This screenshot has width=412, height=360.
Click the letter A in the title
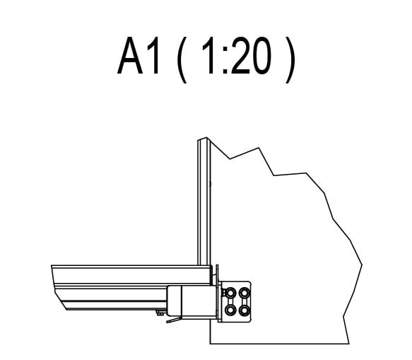[x=131, y=56]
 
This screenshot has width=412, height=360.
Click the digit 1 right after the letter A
[x=154, y=56]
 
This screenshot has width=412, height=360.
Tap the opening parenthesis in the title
[x=182, y=59]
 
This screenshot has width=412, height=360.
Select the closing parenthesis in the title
[x=290, y=59]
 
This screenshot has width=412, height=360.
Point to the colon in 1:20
[x=225, y=60]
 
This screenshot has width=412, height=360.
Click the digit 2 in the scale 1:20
[x=240, y=56]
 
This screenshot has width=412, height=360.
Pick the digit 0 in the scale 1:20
[x=261, y=56]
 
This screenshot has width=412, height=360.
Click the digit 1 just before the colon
[x=209, y=56]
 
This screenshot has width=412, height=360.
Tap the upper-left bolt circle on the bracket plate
[x=230, y=293]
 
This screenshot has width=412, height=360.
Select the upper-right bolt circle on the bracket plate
[x=245, y=293]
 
